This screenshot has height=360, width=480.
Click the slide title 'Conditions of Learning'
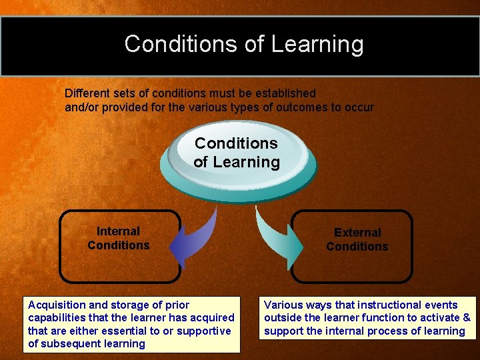(243, 44)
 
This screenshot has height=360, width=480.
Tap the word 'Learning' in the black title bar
(317, 45)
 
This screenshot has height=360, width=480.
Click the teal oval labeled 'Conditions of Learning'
(237, 153)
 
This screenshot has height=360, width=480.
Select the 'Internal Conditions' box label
(119, 239)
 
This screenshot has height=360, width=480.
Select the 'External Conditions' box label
(357, 240)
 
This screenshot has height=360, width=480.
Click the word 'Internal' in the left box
(119, 232)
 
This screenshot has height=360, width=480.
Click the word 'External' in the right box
(357, 233)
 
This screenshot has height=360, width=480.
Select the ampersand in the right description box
(466, 317)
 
